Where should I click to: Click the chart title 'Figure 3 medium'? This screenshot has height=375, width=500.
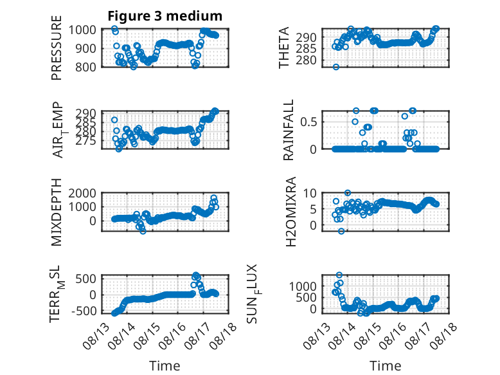pyautogui.click(x=165, y=16)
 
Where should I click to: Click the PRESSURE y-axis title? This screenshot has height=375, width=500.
pyautogui.click(x=56, y=48)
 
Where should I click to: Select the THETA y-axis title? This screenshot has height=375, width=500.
pyautogui.click(x=283, y=48)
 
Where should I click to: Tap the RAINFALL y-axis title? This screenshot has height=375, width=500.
pyautogui.click(x=288, y=130)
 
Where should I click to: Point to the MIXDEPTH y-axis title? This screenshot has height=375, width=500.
pyautogui.click(x=56, y=212)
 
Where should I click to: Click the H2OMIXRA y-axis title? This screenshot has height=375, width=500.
pyautogui.click(x=291, y=212)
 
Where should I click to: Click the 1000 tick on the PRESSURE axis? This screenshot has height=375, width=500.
pyautogui.click(x=82, y=30)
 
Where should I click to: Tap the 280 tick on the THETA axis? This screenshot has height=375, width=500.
pyautogui.click(x=306, y=60)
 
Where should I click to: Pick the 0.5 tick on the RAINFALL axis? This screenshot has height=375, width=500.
pyautogui.click(x=308, y=122)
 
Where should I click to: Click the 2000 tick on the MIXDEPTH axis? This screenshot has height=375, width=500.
pyautogui.click(x=82, y=193)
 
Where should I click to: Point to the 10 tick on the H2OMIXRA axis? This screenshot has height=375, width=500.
pyautogui.click(x=310, y=193)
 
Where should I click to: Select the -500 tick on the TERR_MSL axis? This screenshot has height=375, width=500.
pyautogui.click(x=84, y=311)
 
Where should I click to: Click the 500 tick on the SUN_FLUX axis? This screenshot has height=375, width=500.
pyautogui.click(x=306, y=297)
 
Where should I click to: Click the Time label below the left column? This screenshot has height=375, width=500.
pyautogui.click(x=165, y=366)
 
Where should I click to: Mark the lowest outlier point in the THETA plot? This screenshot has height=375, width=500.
pyautogui.click(x=335, y=67)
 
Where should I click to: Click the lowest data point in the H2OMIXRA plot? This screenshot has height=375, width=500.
pyautogui.click(x=341, y=231)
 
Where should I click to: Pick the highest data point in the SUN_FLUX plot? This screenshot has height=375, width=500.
pyautogui.click(x=339, y=275)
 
